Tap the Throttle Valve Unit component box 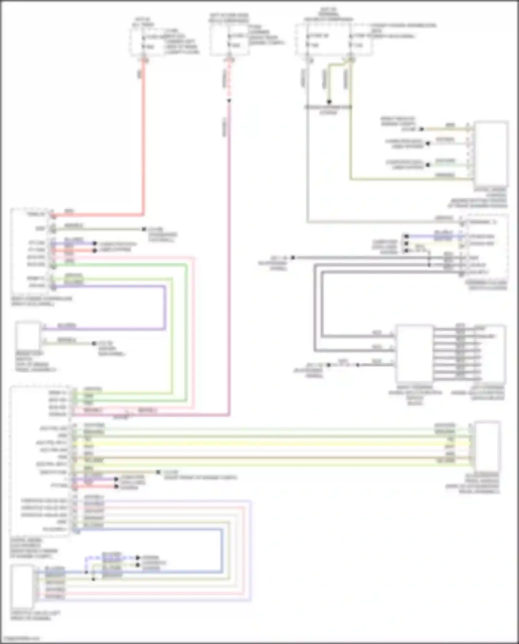pos(22,586)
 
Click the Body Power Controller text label pos(42,301)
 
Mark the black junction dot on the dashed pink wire pos(229,101)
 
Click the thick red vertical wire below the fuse pos(143,138)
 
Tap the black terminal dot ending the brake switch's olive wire pos(94,344)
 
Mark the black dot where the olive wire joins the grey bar pos(329,102)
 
